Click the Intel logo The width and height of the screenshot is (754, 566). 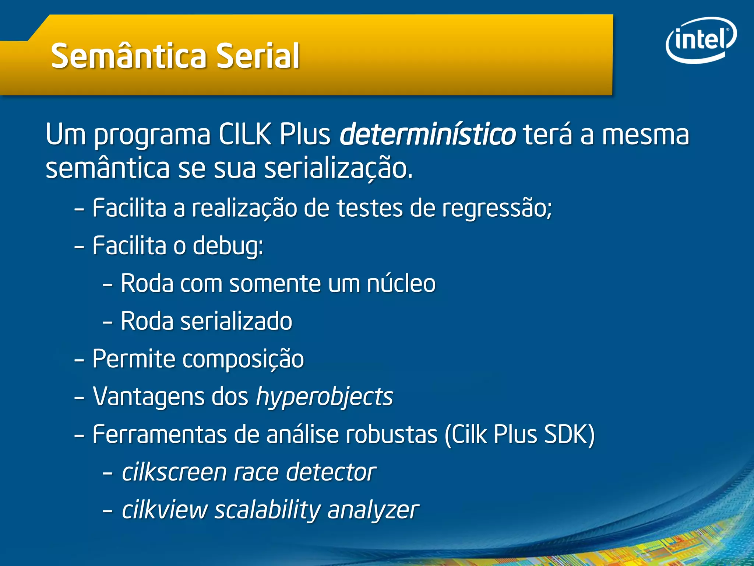click(701, 40)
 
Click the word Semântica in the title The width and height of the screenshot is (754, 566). click(129, 56)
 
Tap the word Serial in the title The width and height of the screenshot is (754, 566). click(258, 56)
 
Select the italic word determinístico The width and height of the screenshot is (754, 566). click(427, 134)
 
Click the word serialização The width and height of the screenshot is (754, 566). click(339, 169)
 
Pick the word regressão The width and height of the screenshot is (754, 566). click(497, 209)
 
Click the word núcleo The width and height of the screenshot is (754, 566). click(401, 284)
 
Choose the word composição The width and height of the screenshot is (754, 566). click(243, 359)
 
